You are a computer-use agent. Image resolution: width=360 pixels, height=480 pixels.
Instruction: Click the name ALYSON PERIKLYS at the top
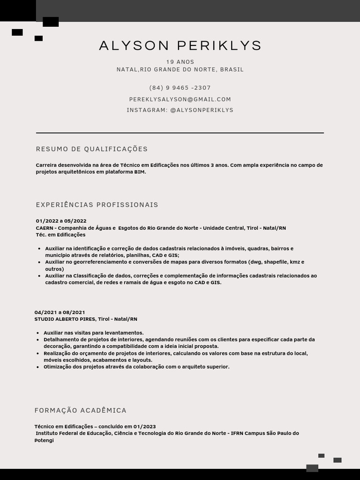[x=180, y=45]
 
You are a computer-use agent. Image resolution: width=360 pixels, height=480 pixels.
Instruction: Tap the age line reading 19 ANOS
[x=180, y=62]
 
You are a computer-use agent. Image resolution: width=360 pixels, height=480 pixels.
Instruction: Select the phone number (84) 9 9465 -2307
[x=180, y=88]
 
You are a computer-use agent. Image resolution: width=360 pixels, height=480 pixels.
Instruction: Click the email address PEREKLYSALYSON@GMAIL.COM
[x=180, y=99]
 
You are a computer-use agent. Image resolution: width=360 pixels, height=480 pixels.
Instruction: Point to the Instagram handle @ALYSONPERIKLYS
[x=202, y=110]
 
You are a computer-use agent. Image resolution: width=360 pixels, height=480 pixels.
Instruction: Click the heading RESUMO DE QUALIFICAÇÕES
[x=92, y=149]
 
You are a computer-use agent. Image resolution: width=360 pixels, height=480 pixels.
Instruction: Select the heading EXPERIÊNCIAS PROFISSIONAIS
[x=97, y=205]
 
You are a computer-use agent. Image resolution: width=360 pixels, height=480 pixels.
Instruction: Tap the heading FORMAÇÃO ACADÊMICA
[x=81, y=411]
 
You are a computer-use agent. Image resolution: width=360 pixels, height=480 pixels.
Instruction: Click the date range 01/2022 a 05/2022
[x=61, y=221]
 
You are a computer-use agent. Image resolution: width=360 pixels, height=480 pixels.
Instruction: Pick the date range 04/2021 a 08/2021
[x=60, y=312]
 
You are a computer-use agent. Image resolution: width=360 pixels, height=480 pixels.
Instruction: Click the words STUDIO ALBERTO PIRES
[x=65, y=319]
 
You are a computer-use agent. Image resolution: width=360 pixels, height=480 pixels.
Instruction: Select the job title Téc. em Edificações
[x=60, y=235]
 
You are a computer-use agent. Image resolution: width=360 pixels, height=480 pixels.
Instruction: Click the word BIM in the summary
[x=140, y=172]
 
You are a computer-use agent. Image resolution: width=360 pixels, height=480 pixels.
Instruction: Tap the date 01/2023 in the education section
[x=144, y=427]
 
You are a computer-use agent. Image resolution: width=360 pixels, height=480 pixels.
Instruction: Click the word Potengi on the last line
[x=44, y=441]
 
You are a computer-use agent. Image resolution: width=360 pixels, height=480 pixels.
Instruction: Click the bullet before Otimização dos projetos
[x=37, y=367]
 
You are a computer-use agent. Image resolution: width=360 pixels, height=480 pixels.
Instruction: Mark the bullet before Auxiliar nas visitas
[x=37, y=333]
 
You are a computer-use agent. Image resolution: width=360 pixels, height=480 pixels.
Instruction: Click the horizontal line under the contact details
[x=180, y=133]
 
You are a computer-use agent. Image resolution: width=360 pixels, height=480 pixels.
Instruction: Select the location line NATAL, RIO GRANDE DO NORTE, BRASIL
[x=180, y=69]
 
